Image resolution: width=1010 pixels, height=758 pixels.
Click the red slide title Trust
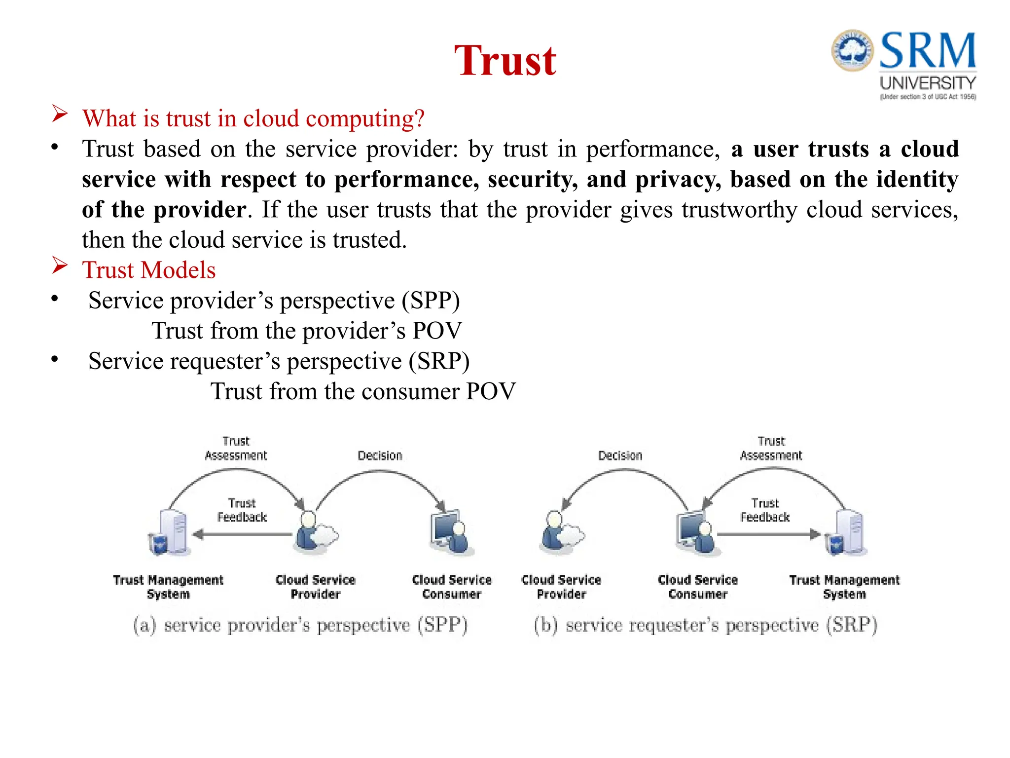point(505,61)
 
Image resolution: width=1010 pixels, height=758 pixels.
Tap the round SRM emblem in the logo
point(852,50)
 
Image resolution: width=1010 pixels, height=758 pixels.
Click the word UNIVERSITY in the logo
point(928,83)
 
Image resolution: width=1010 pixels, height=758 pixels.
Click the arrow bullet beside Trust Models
point(60,266)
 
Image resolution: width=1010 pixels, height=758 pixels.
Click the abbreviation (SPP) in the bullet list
point(431,301)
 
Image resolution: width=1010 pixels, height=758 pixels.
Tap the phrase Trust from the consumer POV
point(363,392)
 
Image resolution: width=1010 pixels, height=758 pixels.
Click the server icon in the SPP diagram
point(170,533)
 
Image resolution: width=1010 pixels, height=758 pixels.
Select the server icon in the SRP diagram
point(847,533)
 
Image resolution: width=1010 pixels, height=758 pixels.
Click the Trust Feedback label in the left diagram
point(242,510)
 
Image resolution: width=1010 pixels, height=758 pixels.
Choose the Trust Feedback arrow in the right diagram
point(767,534)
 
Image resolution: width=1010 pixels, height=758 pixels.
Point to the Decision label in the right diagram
point(620,455)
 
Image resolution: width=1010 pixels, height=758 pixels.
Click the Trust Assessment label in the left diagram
point(236,448)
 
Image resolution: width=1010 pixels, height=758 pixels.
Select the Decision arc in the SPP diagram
point(380,473)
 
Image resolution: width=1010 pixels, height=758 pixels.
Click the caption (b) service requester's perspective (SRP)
point(705,625)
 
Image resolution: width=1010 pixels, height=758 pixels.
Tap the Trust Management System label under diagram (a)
point(168,587)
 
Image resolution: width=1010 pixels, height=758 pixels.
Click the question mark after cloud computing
point(419,119)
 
